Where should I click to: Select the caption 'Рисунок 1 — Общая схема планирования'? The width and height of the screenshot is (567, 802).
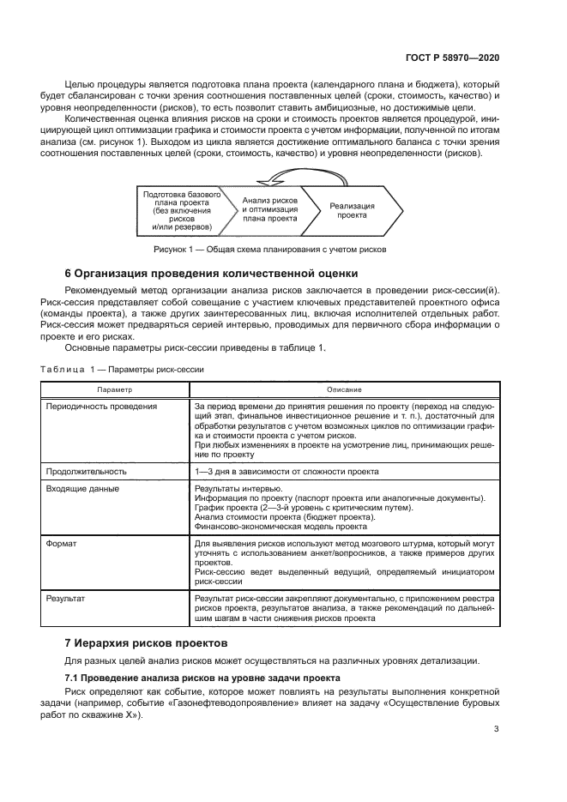270,250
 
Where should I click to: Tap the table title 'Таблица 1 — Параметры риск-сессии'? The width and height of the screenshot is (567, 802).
123,369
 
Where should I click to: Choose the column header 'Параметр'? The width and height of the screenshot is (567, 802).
114,389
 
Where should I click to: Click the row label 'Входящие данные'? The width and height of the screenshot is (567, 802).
82,488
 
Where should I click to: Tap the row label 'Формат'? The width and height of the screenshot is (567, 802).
61,544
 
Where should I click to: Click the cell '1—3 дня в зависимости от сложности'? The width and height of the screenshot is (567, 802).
287,471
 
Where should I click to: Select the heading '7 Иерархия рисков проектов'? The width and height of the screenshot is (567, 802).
147,642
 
